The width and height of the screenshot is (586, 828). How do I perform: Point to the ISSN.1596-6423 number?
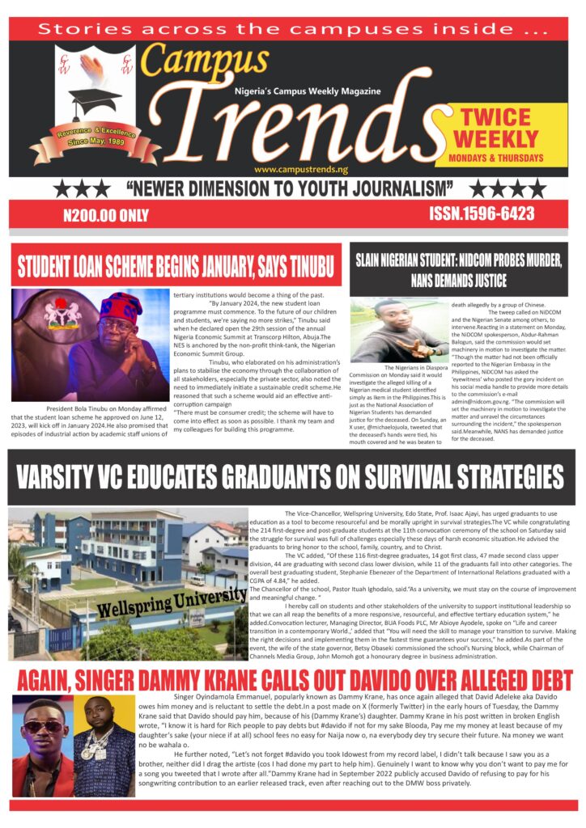pyautogui.click(x=482, y=213)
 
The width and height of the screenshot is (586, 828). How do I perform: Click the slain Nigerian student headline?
pyautogui.click(x=458, y=269)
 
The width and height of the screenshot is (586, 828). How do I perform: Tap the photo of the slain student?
pyautogui.click(x=398, y=331)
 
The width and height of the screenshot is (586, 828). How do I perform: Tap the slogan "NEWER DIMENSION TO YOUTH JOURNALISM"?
pyautogui.click(x=289, y=189)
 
